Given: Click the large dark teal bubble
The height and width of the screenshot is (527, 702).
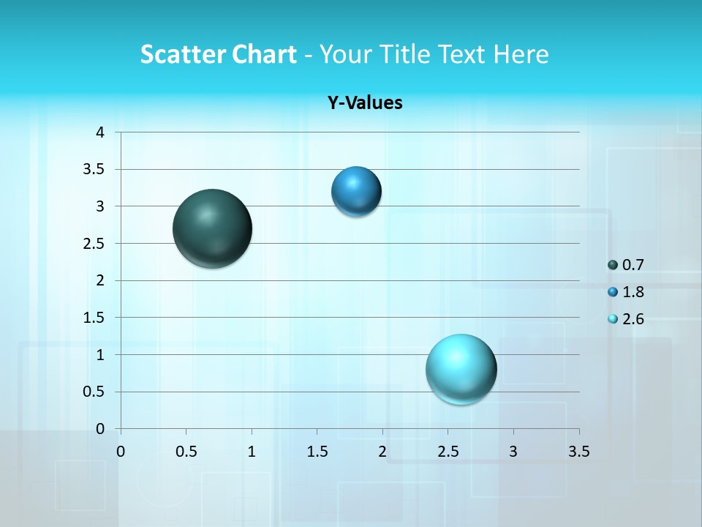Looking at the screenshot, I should click(x=213, y=228).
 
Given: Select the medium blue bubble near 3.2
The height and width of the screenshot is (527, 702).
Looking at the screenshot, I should click(x=356, y=192).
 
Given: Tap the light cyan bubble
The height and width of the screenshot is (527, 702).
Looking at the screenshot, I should click(x=461, y=369).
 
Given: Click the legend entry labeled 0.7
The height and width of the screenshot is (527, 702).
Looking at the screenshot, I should click(x=626, y=265).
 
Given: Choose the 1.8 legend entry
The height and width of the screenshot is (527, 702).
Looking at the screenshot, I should click(x=626, y=292).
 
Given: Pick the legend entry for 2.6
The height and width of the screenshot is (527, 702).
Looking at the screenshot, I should click(x=626, y=319).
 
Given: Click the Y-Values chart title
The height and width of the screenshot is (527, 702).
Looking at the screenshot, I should click(x=365, y=103).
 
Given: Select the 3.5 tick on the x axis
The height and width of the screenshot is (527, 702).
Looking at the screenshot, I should click(x=578, y=452).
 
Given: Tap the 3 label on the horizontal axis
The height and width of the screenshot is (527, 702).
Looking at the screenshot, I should click(x=513, y=452).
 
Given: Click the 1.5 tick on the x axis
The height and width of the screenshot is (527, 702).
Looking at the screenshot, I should click(x=317, y=452).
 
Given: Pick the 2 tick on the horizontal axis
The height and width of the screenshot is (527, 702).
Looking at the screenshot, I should click(x=382, y=452).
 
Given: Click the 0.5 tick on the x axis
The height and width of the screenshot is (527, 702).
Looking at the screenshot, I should click(x=186, y=452).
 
